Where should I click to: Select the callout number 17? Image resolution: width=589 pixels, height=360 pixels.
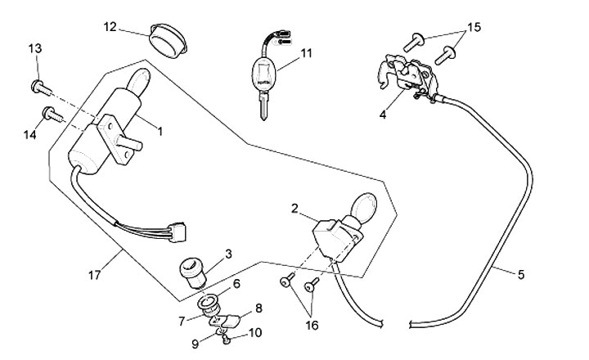point(95,276)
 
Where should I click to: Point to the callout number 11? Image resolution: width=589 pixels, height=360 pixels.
point(307,54)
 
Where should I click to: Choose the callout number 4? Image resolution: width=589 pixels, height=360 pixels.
point(382,115)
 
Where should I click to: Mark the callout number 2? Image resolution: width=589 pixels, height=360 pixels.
point(294,209)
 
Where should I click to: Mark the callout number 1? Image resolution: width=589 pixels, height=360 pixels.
point(160,130)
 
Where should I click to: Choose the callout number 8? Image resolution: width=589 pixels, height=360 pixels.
point(259,308)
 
